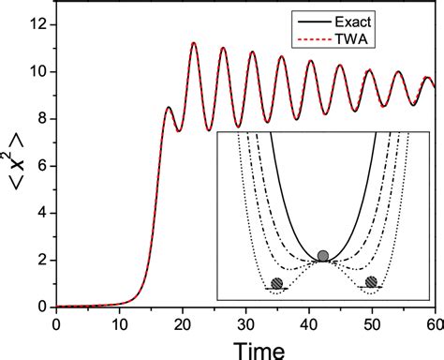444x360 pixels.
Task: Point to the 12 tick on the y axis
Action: point(38,23)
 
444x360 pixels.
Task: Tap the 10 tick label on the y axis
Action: point(38,71)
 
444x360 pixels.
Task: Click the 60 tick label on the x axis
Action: point(431,323)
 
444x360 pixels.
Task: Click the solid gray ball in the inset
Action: point(323,255)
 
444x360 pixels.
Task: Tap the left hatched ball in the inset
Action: point(276,283)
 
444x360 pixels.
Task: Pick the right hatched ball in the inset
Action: point(372,281)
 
